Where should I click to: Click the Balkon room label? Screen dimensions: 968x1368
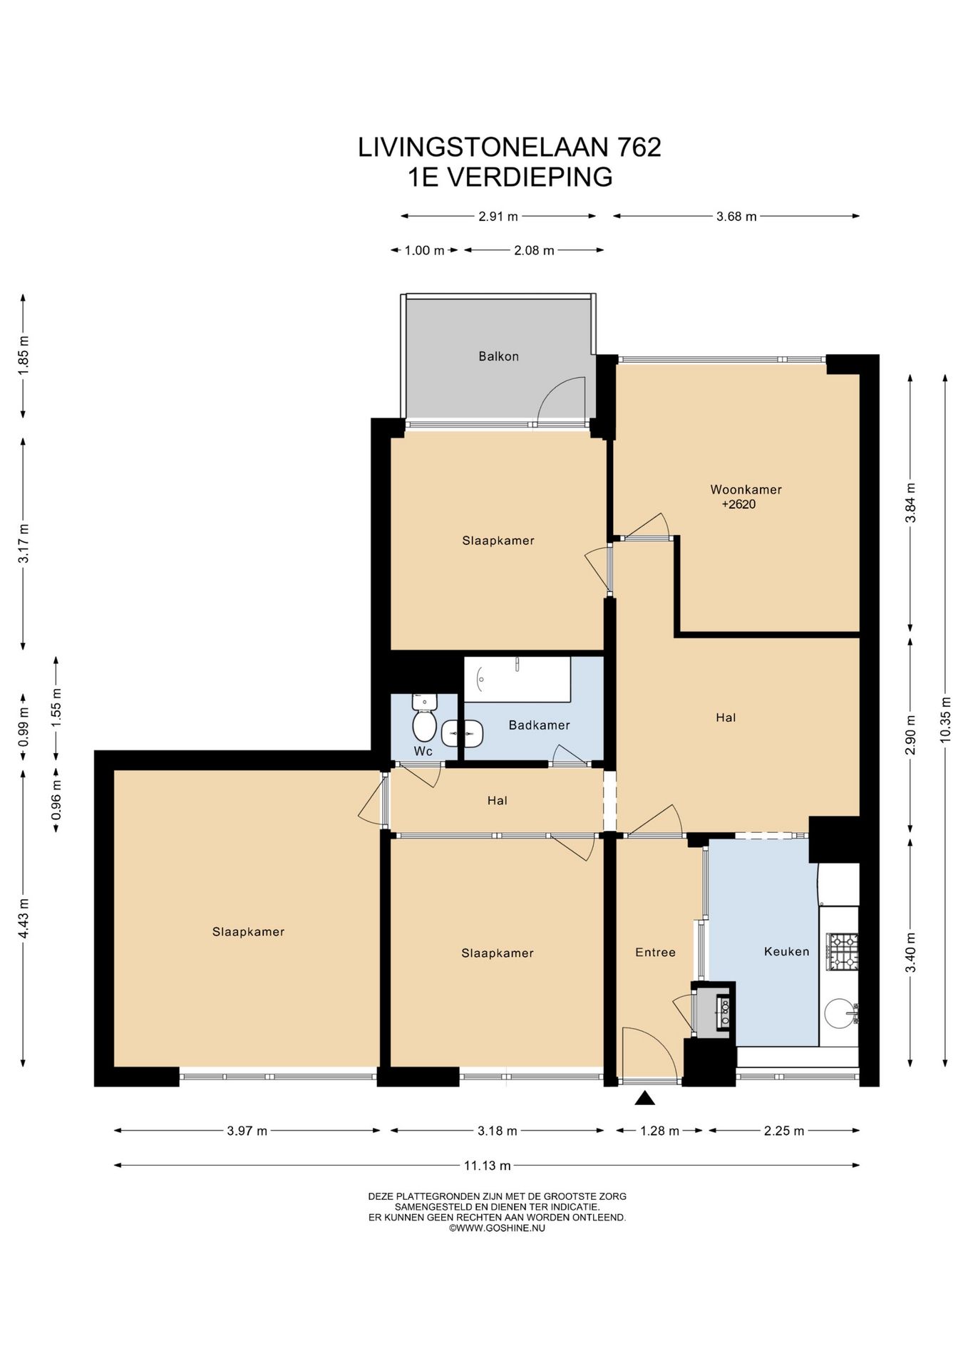498,356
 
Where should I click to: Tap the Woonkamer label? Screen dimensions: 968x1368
746,489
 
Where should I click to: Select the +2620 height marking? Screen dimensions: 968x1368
738,504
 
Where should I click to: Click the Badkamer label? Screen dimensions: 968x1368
539,725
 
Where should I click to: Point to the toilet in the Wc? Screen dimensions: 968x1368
424,718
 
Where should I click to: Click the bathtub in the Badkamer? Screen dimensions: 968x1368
518,680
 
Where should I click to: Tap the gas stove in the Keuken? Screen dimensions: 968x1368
842,952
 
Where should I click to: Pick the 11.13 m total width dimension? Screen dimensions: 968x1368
487,1166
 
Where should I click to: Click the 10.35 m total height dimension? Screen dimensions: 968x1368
945,720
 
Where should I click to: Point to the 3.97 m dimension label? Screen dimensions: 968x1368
247,1131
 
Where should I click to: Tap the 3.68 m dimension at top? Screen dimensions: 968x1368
736,217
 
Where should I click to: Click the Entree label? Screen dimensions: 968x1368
655,952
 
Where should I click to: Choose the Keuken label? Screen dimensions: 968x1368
786,951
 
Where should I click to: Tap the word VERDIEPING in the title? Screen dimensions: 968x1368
530,177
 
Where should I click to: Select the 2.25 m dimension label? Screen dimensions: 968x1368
784,1131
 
